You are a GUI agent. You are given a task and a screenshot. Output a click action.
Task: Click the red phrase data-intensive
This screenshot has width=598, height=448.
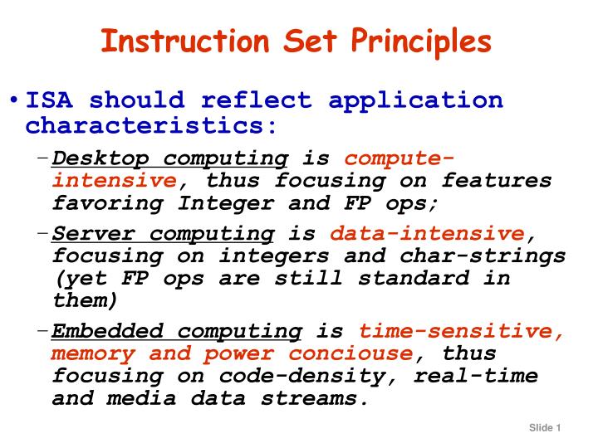427,234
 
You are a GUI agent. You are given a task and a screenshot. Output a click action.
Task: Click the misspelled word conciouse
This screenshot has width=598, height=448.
350,353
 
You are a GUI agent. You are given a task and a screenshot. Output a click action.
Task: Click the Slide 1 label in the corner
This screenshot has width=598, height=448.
545,428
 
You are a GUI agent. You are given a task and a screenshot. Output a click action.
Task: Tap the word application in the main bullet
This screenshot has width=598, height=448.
415,101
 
